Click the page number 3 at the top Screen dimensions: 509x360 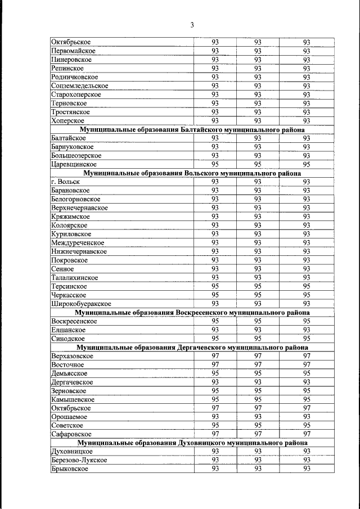pos(192,25)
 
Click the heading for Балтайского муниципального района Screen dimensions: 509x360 pos(191,129)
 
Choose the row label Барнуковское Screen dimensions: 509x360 pos(72,147)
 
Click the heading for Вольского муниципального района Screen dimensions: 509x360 pos(191,173)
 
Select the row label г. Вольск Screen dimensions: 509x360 pos(65,182)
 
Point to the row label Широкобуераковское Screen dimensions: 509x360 pos(80,304)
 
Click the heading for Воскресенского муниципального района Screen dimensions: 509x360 pos(191,312)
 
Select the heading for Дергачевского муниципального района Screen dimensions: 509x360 pos(191,347)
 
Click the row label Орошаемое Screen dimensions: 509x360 pos(69,417)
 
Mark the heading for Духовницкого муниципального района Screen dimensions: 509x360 pos(191,443)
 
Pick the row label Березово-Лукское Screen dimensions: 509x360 pos(78,460)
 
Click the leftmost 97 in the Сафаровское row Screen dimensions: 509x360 pos(215,434)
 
